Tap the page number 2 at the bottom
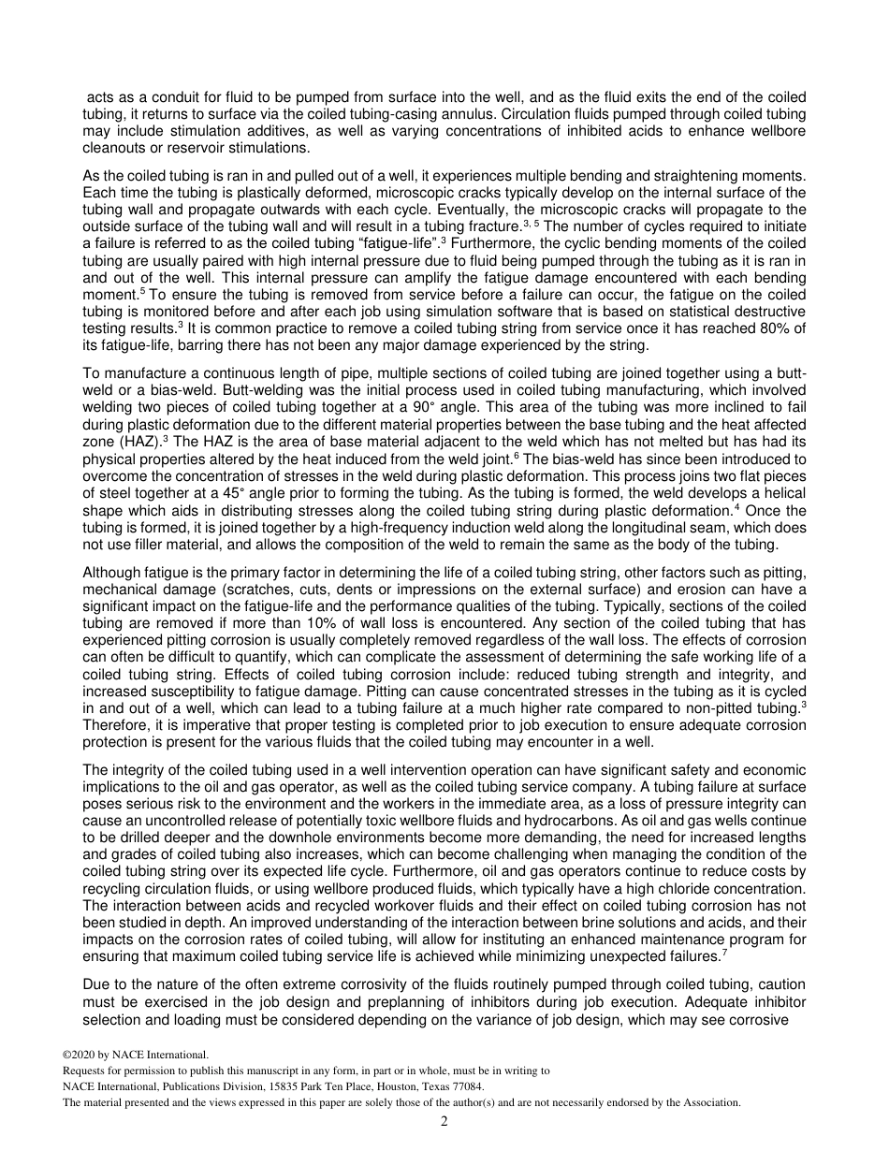[444, 1121]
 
